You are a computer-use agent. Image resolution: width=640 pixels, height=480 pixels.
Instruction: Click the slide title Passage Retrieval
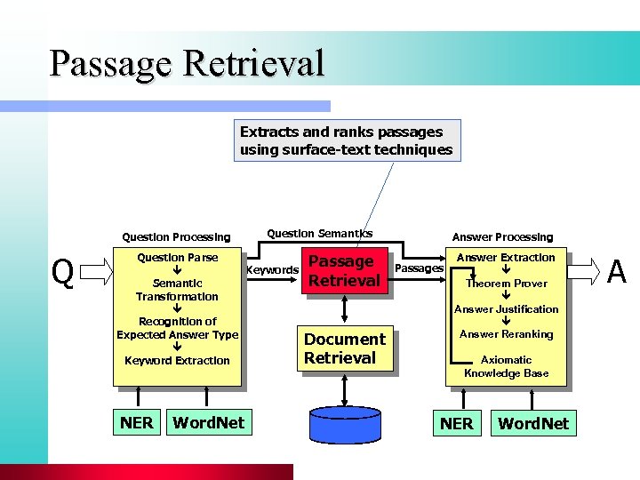pyautogui.click(x=188, y=64)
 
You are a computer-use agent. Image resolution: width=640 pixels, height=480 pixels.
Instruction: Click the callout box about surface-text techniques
pyautogui.click(x=347, y=140)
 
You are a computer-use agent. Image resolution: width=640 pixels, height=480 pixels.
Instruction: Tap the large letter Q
pyautogui.click(x=62, y=273)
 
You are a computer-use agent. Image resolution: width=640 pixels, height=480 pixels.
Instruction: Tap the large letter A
pyautogui.click(x=616, y=271)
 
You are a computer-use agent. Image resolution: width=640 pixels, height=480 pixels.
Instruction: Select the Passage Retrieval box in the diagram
pyautogui.click(x=344, y=271)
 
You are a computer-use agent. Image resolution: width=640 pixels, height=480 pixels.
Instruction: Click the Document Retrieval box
pyautogui.click(x=344, y=348)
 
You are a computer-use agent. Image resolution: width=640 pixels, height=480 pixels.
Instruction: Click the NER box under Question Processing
pyautogui.click(x=136, y=422)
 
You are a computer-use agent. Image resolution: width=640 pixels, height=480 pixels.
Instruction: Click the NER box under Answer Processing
pyautogui.click(x=456, y=423)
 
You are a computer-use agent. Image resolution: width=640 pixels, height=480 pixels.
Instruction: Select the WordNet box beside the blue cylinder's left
pyautogui.click(x=208, y=422)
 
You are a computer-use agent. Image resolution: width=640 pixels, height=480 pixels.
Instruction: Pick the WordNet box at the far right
pyautogui.click(x=532, y=423)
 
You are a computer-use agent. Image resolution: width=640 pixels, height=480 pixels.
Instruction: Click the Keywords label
pyautogui.click(x=272, y=269)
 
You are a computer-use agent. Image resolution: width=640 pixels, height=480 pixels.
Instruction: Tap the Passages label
pyautogui.click(x=418, y=268)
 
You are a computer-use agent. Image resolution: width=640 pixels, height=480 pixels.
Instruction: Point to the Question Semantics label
pyautogui.click(x=319, y=234)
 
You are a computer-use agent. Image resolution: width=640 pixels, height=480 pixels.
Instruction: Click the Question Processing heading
pyautogui.click(x=176, y=237)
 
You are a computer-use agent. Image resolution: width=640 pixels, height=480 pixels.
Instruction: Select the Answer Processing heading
pyautogui.click(x=502, y=237)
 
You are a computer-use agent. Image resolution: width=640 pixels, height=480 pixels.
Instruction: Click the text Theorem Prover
pyautogui.click(x=507, y=284)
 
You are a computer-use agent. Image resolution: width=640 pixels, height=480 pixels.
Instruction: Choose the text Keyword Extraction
pyautogui.click(x=177, y=361)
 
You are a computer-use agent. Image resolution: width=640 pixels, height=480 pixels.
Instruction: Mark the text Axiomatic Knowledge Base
pyautogui.click(x=506, y=366)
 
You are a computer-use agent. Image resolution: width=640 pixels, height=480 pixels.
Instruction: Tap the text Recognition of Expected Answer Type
pyautogui.click(x=177, y=328)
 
